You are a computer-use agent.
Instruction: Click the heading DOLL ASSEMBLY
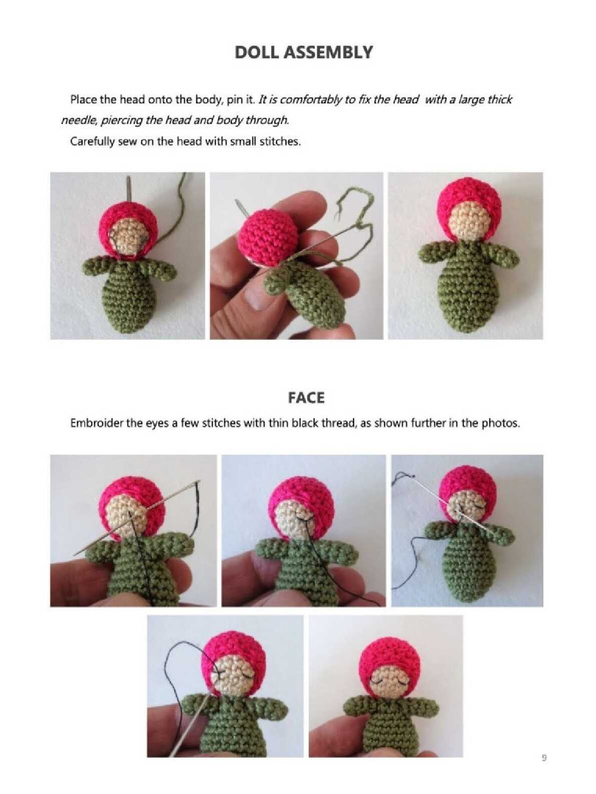pyautogui.click(x=304, y=53)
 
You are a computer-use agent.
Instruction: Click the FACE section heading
pyautogui.click(x=306, y=398)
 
